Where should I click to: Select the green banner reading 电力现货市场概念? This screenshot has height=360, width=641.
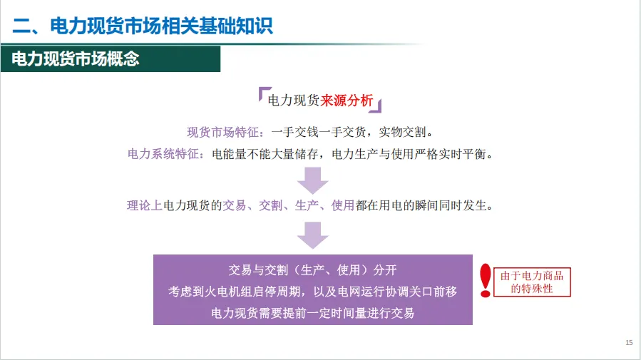[75, 59]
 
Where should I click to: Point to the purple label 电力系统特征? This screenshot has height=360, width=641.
[162, 153]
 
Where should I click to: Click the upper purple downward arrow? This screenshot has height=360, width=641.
[312, 180]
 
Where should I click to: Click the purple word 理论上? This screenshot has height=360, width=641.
[145, 206]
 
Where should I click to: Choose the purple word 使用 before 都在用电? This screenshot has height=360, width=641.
[343, 206]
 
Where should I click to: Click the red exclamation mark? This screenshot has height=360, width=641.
[486, 280]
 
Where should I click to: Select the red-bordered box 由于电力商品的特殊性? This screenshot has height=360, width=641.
[532, 282]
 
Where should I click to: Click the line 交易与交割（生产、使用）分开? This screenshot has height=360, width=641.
[312, 270]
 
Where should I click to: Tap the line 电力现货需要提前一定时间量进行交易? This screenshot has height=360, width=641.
[312, 312]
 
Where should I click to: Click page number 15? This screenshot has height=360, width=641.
[628, 343]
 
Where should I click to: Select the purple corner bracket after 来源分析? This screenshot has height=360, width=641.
[378, 108]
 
